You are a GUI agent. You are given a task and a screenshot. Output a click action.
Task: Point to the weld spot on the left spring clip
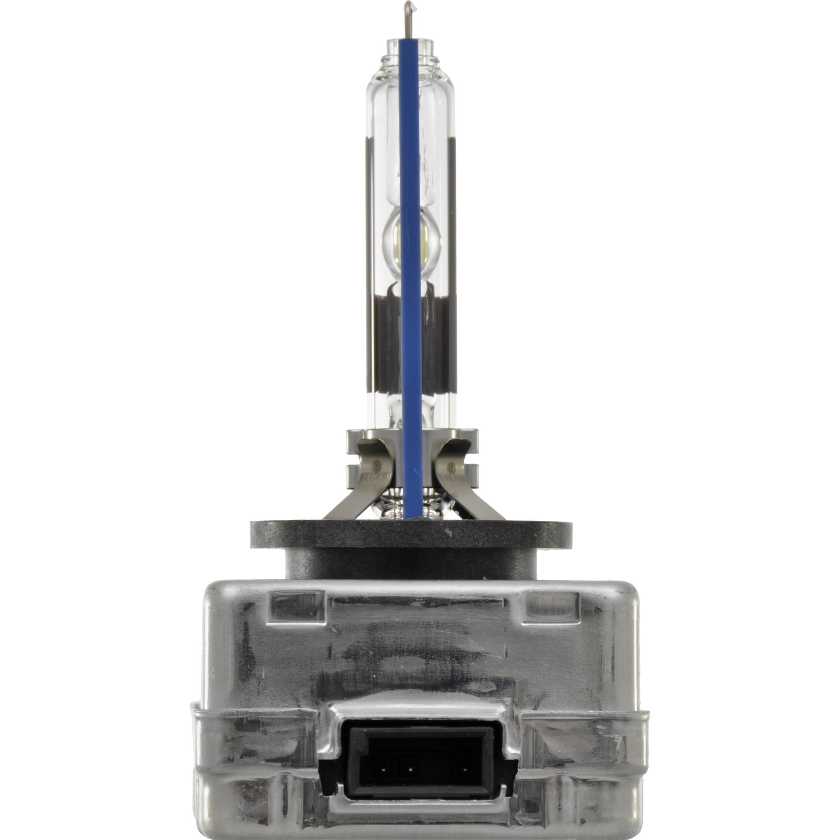pyautogui.click(x=376, y=467)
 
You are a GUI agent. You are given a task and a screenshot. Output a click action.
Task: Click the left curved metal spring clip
pyautogui.click(x=361, y=487)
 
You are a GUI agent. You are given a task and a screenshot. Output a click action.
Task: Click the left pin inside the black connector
pyautogui.click(x=384, y=770)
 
